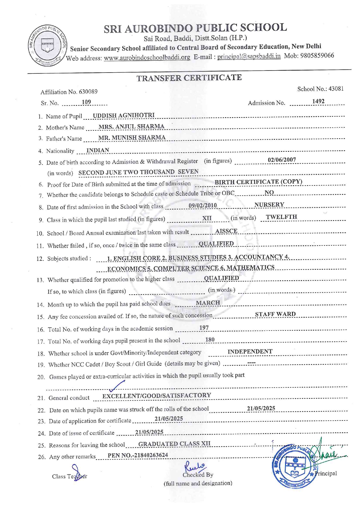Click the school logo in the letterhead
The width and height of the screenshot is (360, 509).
47,45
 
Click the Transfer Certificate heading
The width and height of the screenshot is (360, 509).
189,78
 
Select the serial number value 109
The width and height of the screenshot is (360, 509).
86,102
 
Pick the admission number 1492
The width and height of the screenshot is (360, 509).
318,101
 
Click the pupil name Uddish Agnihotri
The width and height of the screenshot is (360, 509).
124,115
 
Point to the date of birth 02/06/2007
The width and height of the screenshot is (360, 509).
282,160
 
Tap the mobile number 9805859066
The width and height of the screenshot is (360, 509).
317,56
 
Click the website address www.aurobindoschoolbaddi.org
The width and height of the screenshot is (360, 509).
147,57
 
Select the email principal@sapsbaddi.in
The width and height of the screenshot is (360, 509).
249,56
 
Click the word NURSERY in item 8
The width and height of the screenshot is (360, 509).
269,205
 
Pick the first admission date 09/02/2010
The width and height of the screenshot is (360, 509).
203,205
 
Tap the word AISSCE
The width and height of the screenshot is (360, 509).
226,231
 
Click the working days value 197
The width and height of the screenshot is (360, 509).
204,328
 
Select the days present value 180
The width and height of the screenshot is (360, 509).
210,340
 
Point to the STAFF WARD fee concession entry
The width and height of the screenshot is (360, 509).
275,314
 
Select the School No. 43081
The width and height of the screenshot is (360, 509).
336,89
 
